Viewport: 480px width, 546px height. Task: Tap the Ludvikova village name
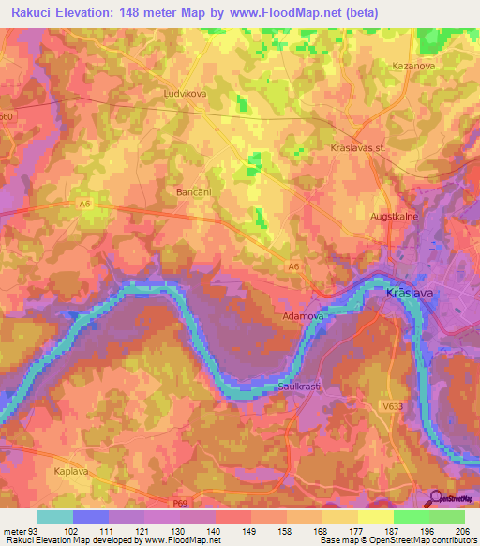pos(184,94)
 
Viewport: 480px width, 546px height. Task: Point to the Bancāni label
pos(195,191)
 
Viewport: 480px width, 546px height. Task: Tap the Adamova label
pos(303,317)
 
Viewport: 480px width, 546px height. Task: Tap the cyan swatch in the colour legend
pos(54,516)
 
